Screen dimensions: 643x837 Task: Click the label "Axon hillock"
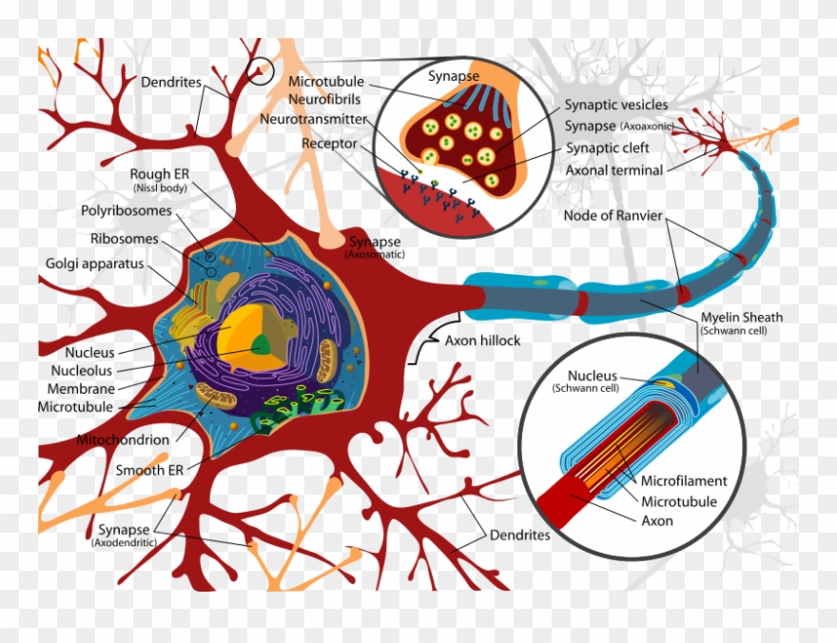pos(482,341)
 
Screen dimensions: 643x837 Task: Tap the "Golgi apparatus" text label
pos(95,263)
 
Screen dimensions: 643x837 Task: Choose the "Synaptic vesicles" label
pos(615,105)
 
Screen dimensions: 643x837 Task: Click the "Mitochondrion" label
pos(124,439)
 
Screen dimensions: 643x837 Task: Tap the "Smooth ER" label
pos(150,470)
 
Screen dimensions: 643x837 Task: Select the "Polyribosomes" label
pos(127,211)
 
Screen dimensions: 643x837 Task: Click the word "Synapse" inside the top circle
pos(454,75)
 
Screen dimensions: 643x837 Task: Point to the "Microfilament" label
pos(684,481)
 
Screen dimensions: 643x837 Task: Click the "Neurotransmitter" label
pos(313,120)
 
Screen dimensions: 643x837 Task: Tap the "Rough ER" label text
pos(160,174)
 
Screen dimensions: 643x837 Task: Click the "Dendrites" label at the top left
pos(171,83)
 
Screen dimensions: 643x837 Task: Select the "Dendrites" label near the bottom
pos(519,535)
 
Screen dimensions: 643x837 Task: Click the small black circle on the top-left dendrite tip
pos(259,69)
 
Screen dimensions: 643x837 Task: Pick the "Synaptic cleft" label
pos(607,148)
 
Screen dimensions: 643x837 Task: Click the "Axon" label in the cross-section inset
pos(656,520)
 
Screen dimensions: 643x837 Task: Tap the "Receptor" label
pos(329,144)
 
